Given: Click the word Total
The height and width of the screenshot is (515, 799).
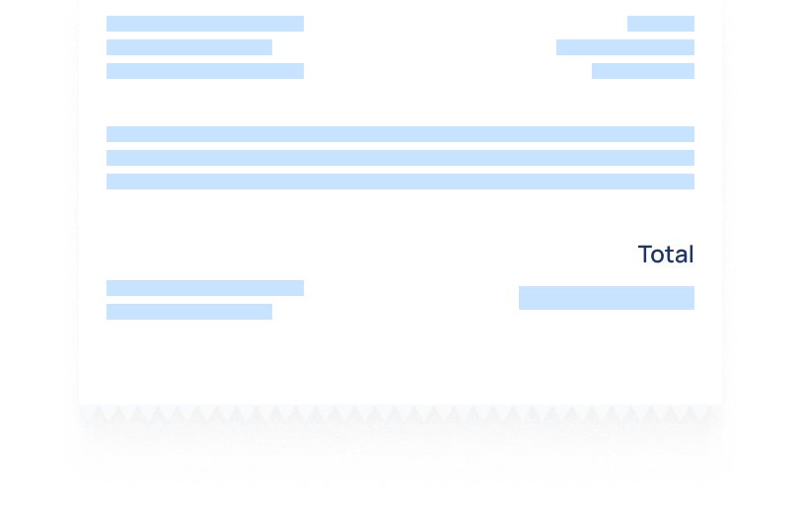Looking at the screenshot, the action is coord(666,254).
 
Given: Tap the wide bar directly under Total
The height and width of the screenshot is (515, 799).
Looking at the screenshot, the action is coord(607,298).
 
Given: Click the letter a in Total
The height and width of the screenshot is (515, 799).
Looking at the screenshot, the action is coord(680,257).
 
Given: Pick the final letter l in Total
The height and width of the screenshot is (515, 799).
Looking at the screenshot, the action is coord(690,254).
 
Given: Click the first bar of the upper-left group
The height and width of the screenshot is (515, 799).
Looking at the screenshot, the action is coord(205,24).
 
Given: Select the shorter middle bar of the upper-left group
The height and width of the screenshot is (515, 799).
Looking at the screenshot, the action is coord(189,47).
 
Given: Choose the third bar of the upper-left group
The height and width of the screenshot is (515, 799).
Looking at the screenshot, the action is coord(205,71).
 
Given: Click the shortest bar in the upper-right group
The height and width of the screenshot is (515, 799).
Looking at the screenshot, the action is coord(661,24).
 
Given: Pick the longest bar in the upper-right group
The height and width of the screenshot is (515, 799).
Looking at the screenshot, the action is coord(625,47).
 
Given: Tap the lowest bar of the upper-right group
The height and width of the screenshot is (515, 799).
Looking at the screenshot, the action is coord(643,71).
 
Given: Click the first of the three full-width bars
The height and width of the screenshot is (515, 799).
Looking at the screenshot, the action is coord(400,134).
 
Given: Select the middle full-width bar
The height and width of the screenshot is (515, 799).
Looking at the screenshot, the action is coord(400,158).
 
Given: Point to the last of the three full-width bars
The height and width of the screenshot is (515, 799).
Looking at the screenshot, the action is coord(400,182).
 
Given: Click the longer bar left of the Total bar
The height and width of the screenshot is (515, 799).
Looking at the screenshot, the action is coord(205,288).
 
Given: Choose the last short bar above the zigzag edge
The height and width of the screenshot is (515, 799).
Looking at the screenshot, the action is coord(189,312).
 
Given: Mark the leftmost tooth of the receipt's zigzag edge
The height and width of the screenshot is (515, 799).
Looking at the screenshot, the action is coord(99,415).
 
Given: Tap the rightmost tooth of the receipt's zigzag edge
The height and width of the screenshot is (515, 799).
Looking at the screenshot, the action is coord(711,415).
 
